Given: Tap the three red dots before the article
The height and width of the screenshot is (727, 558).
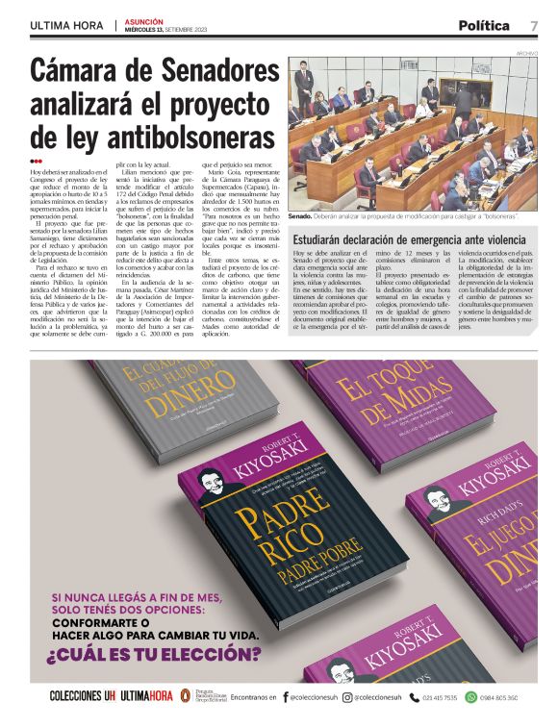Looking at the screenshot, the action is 37,162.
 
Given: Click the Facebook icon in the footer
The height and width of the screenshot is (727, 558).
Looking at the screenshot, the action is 285,697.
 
